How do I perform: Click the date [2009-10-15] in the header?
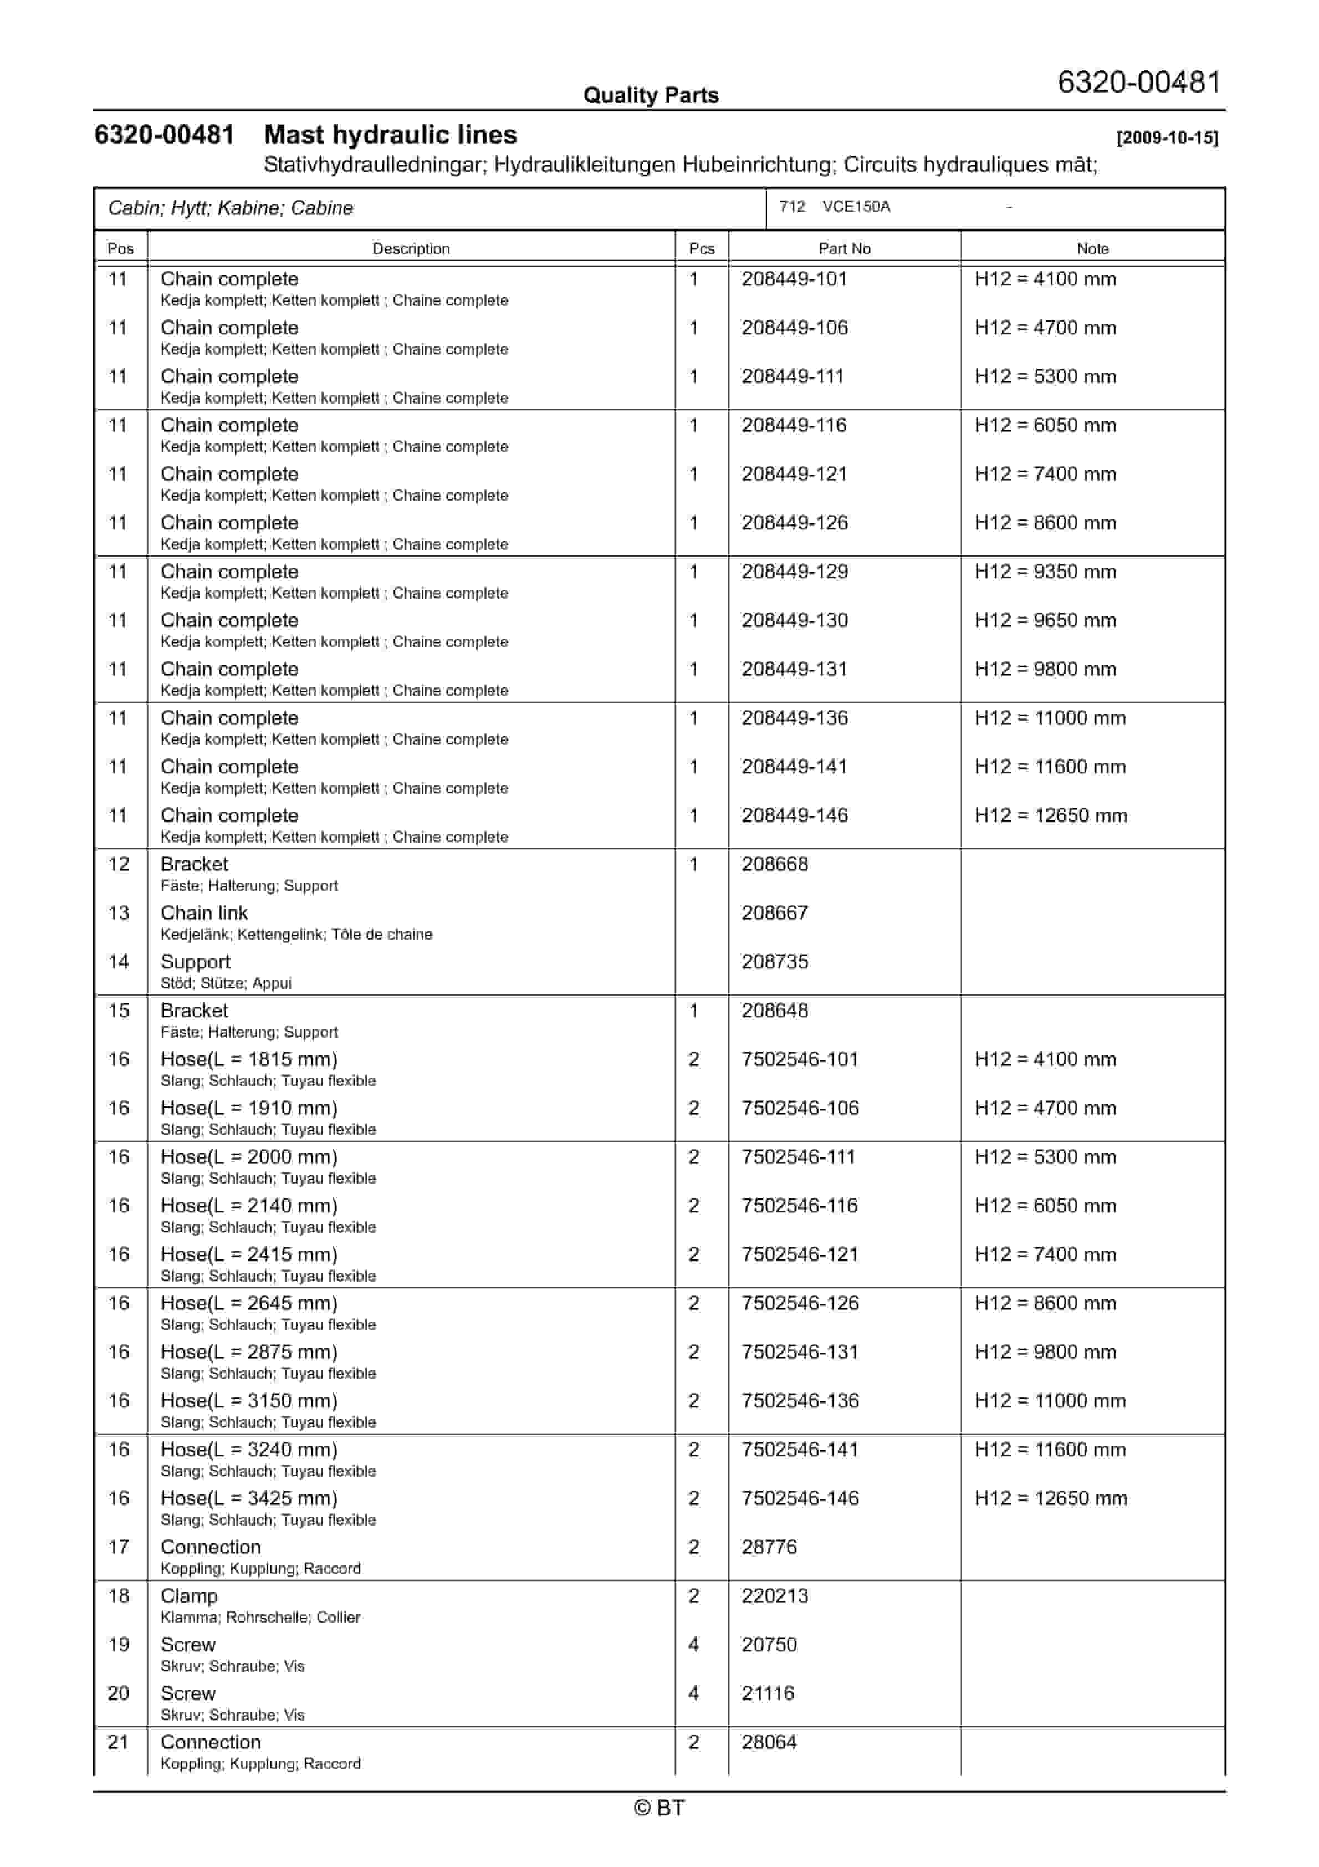(1167, 137)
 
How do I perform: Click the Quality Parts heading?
(651, 95)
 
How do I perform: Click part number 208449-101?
(794, 279)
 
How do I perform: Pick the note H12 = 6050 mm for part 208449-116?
(1045, 425)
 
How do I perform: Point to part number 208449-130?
(794, 620)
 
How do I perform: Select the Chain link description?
(204, 913)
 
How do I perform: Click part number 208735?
(774, 962)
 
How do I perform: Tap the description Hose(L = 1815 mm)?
(249, 1059)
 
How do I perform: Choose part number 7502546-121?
(799, 1254)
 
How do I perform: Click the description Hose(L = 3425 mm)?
(249, 1498)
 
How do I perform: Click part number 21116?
(768, 1694)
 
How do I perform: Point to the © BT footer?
(659, 1808)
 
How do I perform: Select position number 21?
(118, 1743)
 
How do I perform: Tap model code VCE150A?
(856, 207)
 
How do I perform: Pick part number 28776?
(769, 1548)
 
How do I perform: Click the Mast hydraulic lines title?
(390, 135)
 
